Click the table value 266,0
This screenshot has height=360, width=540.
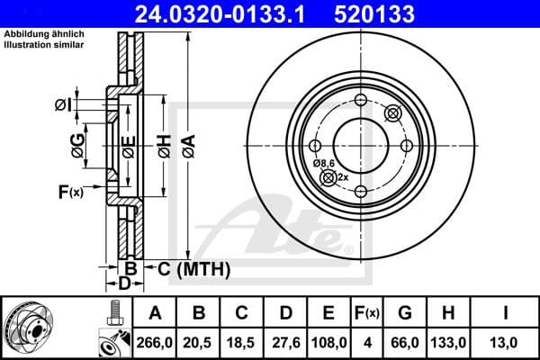click(154, 342)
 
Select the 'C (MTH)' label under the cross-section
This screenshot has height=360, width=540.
click(193, 269)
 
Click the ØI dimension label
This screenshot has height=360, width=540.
click(62, 105)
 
